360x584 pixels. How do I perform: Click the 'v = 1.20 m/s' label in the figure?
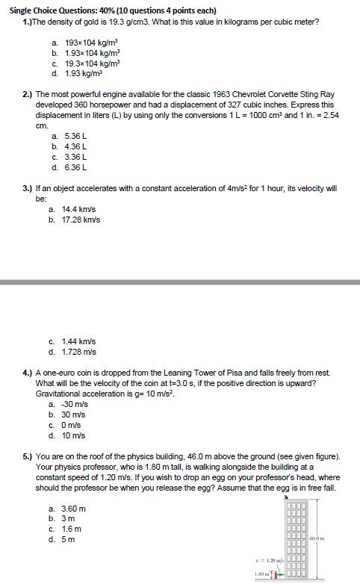tap(268, 559)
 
